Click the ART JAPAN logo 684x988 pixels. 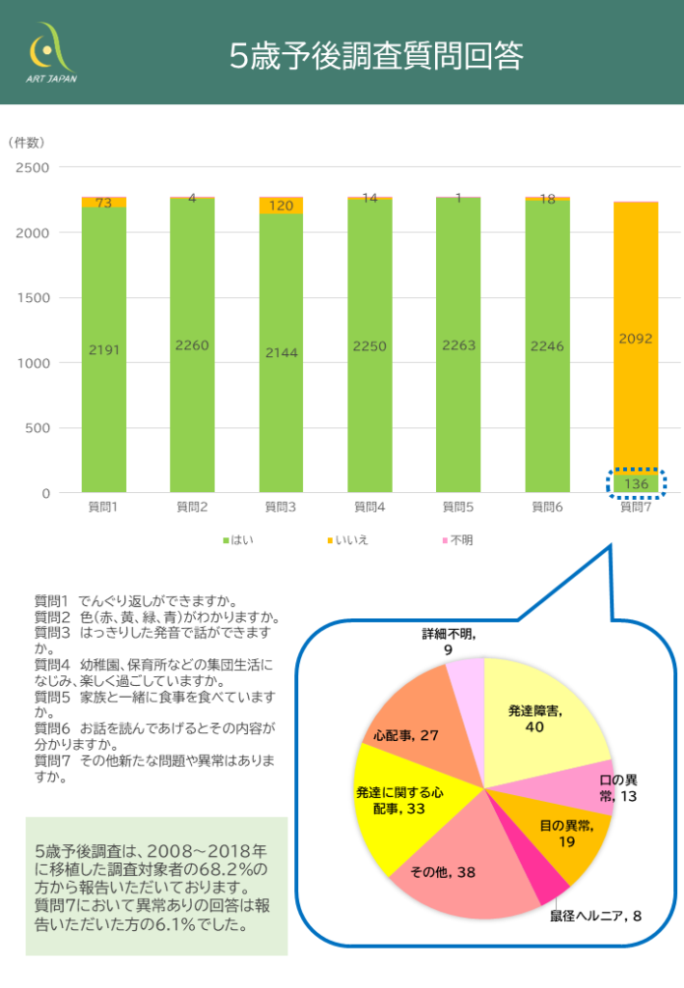(50, 55)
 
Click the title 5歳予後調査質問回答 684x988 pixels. (376, 57)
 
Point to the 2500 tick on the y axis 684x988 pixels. (34, 168)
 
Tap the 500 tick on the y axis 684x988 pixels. (39, 428)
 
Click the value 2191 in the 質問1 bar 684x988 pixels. (104, 350)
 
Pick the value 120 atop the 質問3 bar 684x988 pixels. (281, 206)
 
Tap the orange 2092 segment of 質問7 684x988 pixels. (637, 338)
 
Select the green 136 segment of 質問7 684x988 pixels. (637, 483)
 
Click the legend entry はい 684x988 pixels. (238, 539)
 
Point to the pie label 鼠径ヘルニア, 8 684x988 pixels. (595, 915)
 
